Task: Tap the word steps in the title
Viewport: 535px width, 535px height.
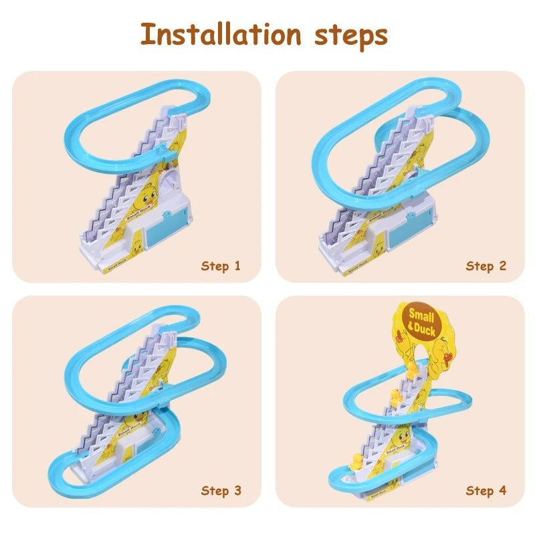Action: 350,37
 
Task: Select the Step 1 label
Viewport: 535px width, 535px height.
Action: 221,266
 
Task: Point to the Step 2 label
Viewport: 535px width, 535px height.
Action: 486,266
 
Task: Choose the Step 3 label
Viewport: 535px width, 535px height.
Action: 221,491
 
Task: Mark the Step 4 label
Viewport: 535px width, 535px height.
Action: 486,491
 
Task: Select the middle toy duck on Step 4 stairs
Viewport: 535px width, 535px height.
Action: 396,396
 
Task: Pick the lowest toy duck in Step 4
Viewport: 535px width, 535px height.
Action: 357,462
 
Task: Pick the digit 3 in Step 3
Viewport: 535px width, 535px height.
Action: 237,491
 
